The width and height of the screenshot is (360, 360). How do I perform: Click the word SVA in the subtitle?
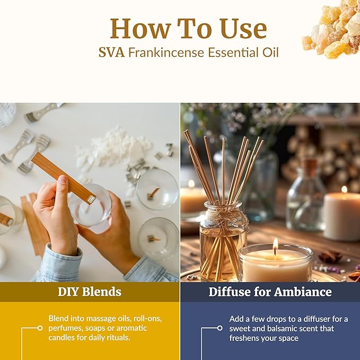coord(110,52)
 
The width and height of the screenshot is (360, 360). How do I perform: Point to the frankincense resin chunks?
coord(331,29)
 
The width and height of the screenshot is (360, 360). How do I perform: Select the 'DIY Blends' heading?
coord(90,292)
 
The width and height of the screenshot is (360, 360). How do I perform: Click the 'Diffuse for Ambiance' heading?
coord(270,292)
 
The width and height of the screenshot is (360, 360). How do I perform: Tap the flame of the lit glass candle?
coord(275,245)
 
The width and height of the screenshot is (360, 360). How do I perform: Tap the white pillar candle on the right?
coord(341,215)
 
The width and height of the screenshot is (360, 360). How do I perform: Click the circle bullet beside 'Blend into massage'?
coord(40,328)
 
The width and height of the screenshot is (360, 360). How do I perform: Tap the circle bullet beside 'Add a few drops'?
coord(220,328)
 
